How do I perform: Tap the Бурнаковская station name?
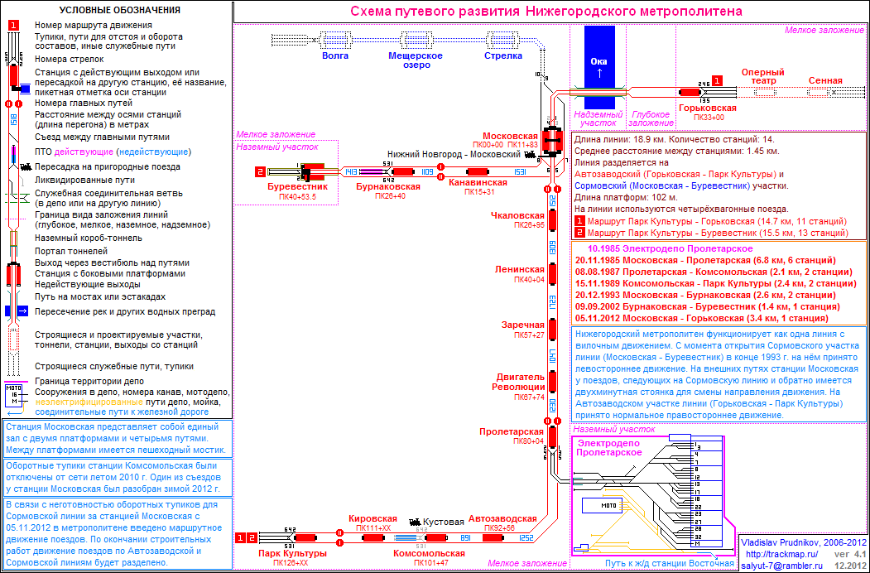tap(388, 187)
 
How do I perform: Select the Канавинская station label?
tap(478, 182)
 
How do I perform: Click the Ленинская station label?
tap(520, 270)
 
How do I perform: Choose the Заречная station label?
tap(523, 325)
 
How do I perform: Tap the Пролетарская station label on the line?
tap(512, 431)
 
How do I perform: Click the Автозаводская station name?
tap(502, 518)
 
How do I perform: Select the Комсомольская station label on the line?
tap(429, 553)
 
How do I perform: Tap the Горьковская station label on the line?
tap(707, 108)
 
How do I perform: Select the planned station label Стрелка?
tap(503, 55)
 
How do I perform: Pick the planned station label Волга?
tap(335, 55)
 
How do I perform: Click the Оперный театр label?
tap(762, 76)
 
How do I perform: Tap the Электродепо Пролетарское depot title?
tap(608, 448)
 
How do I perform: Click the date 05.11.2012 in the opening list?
tap(598, 318)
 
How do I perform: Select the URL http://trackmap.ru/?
tap(781, 553)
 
